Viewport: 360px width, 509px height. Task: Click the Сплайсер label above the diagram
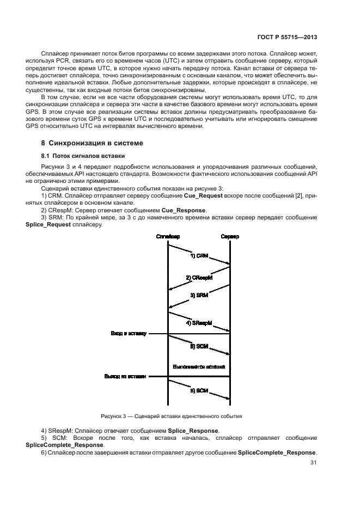click(168, 236)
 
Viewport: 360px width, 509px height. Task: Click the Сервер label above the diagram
click(230, 236)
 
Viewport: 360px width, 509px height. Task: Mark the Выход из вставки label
click(125, 376)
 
